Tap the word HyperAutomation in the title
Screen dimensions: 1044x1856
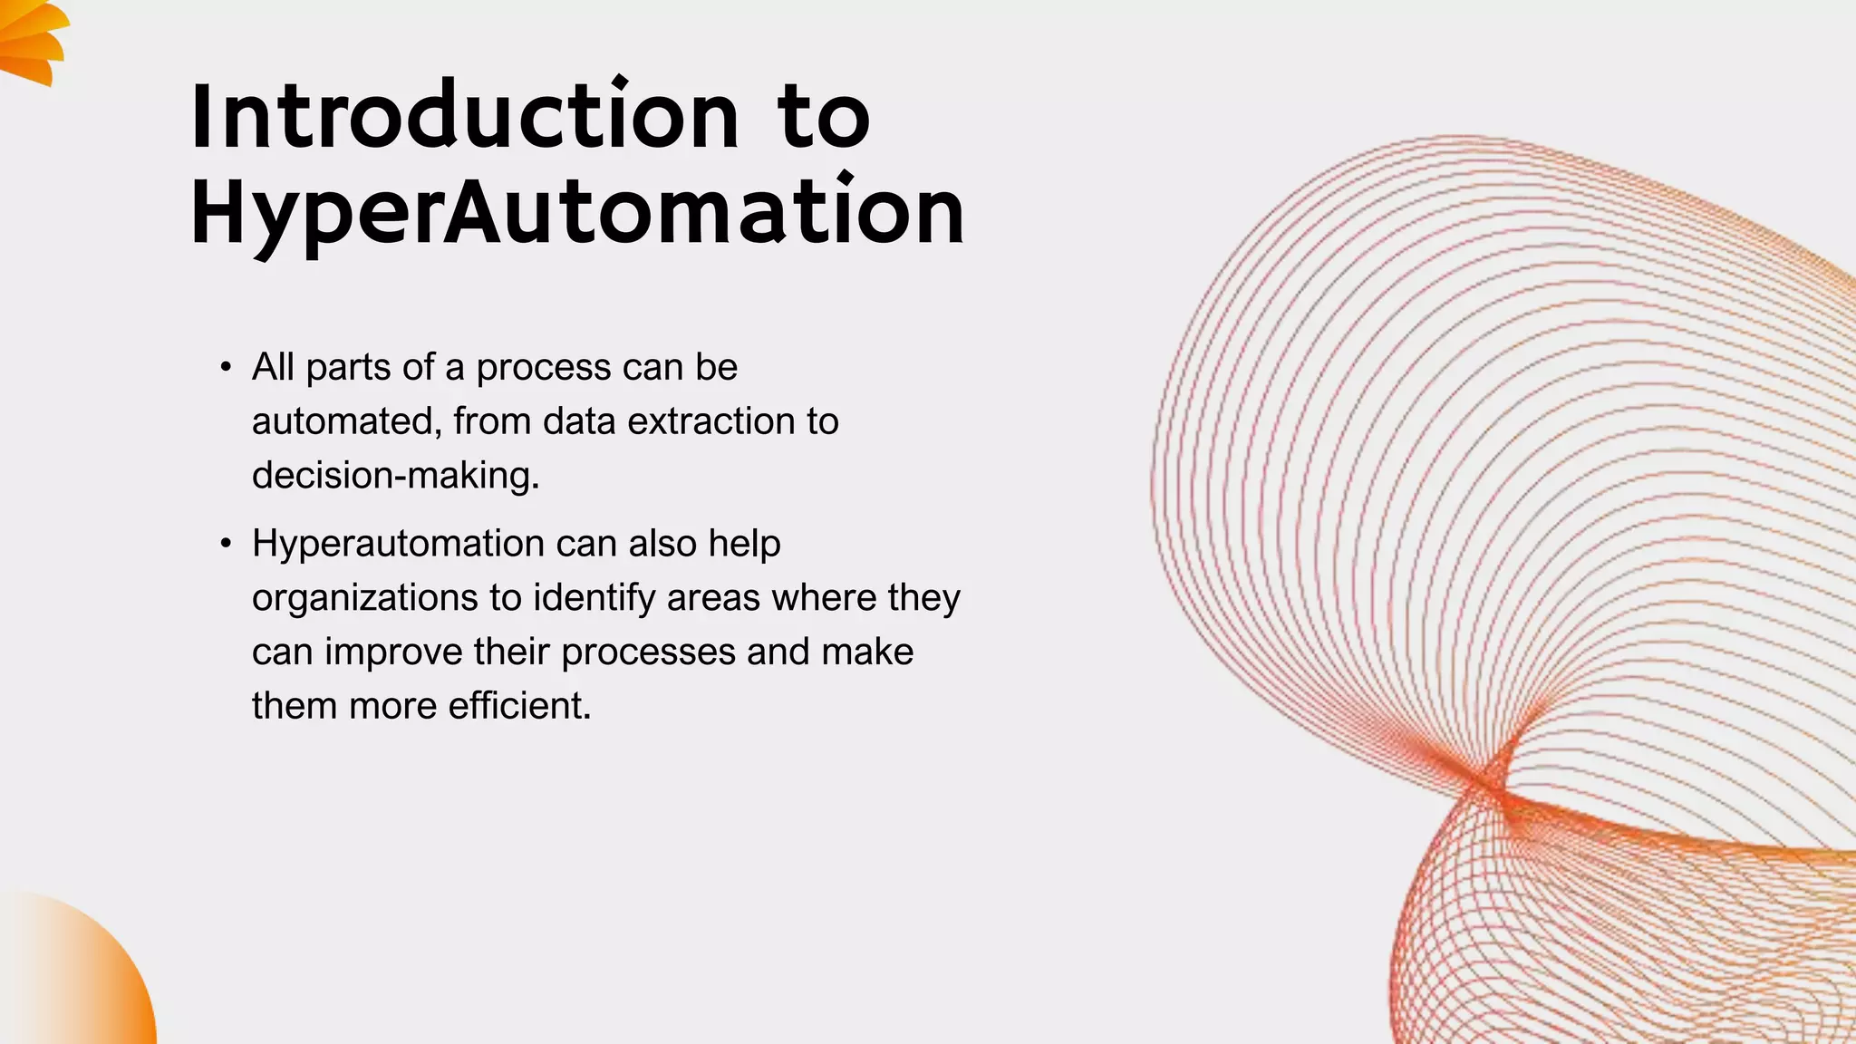(x=577, y=212)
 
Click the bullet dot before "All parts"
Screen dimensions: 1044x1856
(x=226, y=368)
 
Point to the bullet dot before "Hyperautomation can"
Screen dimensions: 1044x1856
(x=226, y=545)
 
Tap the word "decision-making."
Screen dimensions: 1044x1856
(x=395, y=476)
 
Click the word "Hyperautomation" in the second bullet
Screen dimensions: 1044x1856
(x=398, y=544)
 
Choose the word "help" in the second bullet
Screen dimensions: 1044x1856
(x=744, y=544)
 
